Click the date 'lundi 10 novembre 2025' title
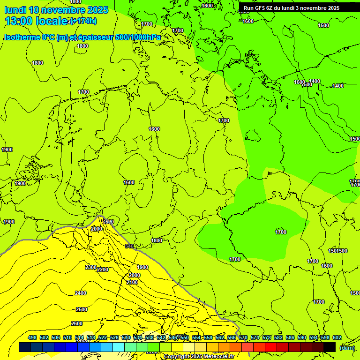[x=56, y=10]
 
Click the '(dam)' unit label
[x=347, y=347]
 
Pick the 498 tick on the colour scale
[x=32, y=337]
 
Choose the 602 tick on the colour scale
[x=337, y=337]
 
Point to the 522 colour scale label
[x=103, y=337]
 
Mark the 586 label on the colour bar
[x=290, y=337]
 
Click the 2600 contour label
[x=77, y=323]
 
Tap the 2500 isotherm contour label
[x=82, y=309]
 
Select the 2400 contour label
[x=81, y=293]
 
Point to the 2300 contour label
[x=91, y=267]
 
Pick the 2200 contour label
[x=103, y=270]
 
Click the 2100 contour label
[x=132, y=282]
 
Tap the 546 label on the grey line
[x=129, y=246]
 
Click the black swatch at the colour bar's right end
[x=330, y=347]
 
